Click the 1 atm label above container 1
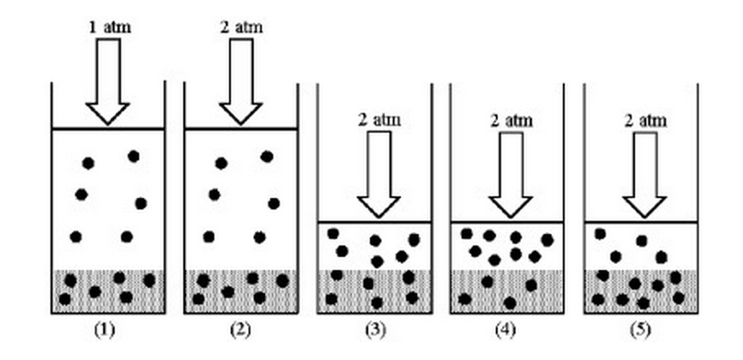pos(109,27)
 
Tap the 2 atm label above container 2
pos(242,27)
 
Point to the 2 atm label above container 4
pos(511,120)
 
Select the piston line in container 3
pos(374,222)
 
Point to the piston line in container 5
pos(641,222)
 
